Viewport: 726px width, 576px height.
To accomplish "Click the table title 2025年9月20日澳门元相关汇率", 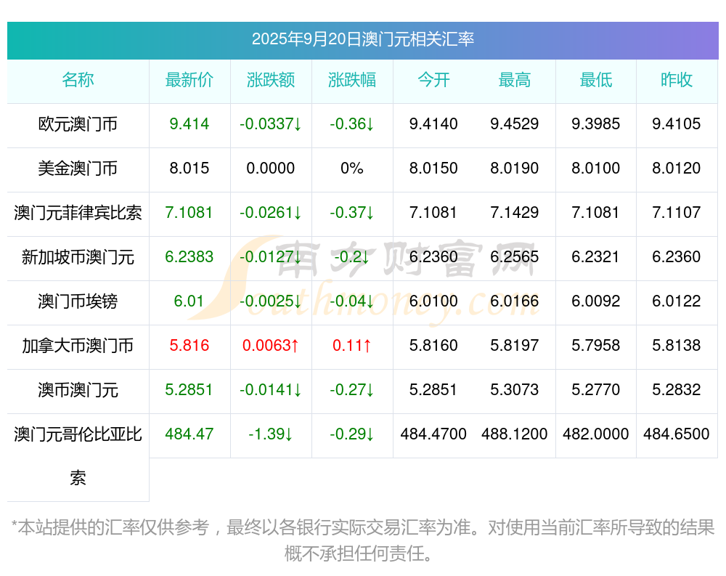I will (363, 39).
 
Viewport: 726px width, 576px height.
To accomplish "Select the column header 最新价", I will (189, 81).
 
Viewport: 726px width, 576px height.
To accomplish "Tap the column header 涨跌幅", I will (352, 81).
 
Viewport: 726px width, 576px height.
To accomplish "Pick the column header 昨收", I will (677, 81).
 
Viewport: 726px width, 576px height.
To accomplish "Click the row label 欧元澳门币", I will (78, 124).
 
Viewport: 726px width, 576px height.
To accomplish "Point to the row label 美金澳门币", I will (78, 169).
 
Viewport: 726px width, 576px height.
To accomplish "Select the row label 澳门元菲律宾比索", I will (78, 213).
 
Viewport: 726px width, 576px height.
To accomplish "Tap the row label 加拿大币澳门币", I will (78, 346).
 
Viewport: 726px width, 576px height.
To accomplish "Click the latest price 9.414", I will (189, 124).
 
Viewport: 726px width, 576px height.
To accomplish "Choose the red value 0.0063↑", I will (271, 346).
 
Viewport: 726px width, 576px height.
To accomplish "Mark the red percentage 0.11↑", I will (352, 346).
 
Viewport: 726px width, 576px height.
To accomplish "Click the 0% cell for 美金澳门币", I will (352, 169).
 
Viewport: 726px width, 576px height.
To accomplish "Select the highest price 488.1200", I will (515, 434).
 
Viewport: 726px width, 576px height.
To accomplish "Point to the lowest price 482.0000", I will (596, 434).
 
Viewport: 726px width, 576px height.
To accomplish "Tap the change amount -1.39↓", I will (271, 434).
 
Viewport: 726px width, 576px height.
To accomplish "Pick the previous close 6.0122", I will (677, 301).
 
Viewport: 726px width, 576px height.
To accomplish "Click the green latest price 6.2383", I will (189, 257).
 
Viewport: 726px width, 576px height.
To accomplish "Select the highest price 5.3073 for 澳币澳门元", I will (515, 390).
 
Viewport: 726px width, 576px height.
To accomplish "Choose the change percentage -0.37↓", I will (352, 213).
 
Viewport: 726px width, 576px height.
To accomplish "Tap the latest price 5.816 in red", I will (189, 346).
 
